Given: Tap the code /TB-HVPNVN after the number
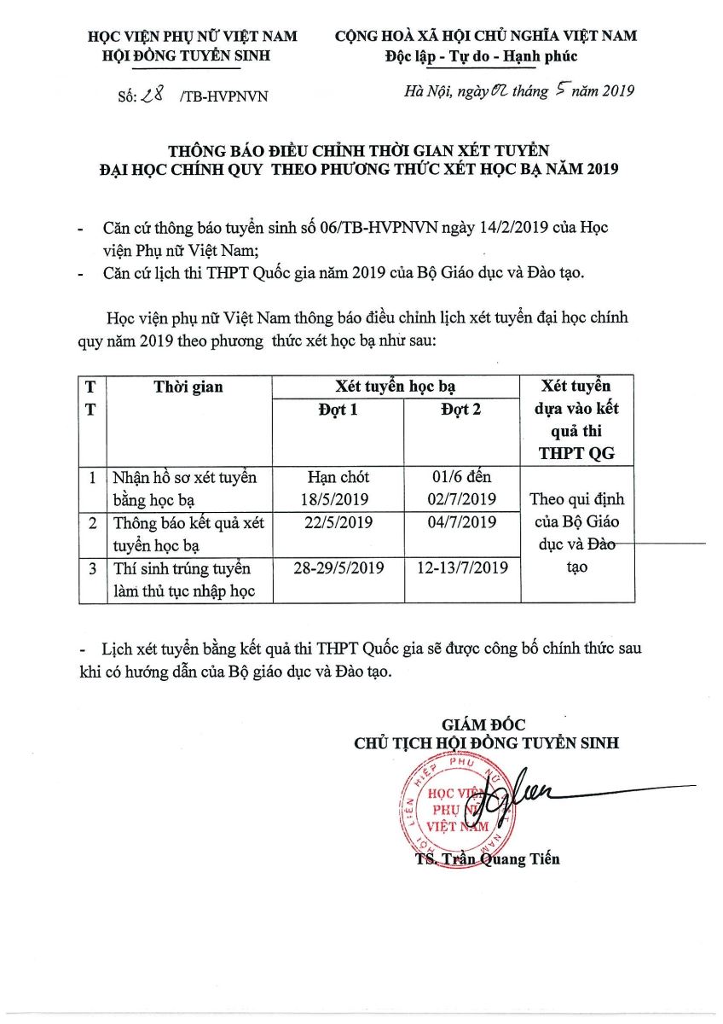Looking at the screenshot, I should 223,96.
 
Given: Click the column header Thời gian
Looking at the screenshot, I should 188,387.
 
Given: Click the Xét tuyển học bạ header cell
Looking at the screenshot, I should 399,387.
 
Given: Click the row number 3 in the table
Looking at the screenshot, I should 92,567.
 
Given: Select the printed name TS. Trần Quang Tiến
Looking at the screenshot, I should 488,858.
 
